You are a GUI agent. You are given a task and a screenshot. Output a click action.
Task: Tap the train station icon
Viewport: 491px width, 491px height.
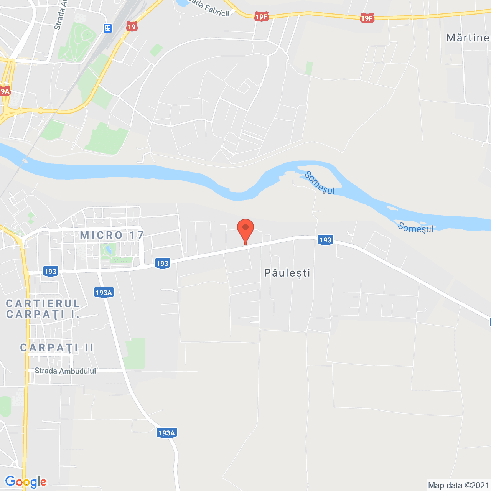(x=108, y=28)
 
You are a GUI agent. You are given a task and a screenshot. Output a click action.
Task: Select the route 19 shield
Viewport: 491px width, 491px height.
(x=132, y=26)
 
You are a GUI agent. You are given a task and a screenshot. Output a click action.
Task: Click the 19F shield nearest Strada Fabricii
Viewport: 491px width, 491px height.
(x=261, y=16)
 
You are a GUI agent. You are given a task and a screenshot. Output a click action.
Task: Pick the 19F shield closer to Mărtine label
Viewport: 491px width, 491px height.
(x=367, y=18)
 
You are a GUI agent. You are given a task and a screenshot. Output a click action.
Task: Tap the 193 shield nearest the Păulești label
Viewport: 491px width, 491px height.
(x=325, y=240)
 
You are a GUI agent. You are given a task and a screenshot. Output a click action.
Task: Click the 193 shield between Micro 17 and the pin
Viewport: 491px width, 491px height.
(x=162, y=263)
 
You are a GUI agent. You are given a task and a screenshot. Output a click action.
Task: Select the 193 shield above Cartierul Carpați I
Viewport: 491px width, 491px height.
(x=50, y=272)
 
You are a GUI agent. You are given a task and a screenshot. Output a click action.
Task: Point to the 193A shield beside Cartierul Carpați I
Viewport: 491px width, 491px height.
(x=104, y=293)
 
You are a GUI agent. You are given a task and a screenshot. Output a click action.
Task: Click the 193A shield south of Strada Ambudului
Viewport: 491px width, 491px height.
(x=166, y=433)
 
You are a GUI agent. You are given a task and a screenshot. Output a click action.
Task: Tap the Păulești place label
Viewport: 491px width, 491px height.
(x=287, y=273)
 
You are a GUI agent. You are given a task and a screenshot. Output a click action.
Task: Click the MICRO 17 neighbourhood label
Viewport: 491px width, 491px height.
(x=112, y=235)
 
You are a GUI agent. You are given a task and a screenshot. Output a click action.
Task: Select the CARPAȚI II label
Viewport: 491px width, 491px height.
(x=57, y=348)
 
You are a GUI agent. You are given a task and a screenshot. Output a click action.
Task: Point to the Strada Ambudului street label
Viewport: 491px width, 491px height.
(x=65, y=371)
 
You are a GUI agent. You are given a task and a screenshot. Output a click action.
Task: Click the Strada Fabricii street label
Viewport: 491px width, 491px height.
(x=209, y=9)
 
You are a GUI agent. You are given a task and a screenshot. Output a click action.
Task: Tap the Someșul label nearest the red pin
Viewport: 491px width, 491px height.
(x=320, y=183)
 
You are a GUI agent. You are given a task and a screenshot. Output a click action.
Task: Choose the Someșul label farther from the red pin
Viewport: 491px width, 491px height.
(x=415, y=228)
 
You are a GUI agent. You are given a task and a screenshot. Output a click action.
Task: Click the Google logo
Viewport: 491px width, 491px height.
(x=26, y=482)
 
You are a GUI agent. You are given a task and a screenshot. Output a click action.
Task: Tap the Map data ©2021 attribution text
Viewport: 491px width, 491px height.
(x=458, y=485)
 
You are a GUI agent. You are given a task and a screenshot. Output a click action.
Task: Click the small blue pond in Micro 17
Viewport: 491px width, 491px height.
(x=109, y=250)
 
